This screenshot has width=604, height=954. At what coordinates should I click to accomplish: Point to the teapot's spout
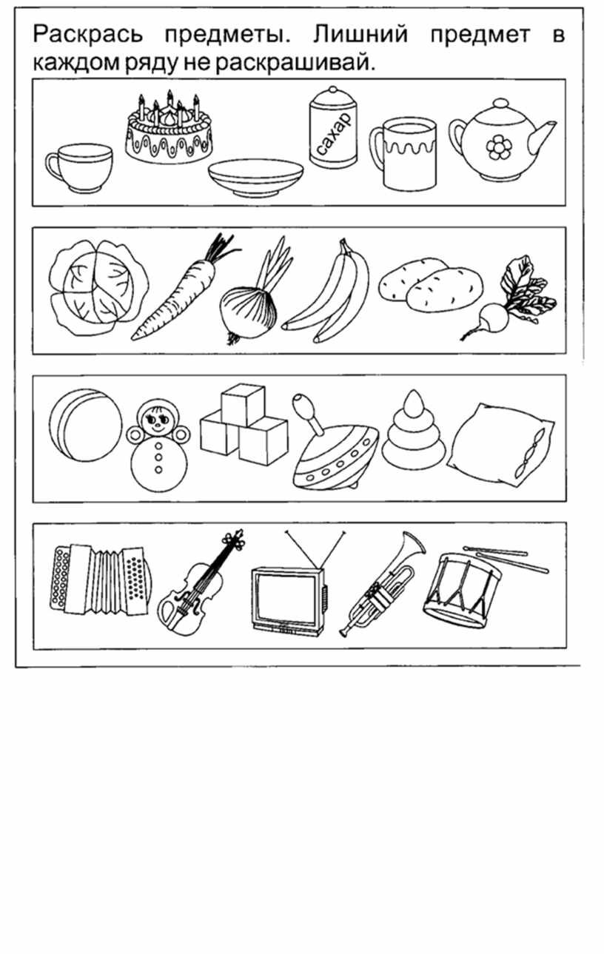point(542,136)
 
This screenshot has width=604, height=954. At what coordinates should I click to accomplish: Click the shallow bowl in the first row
point(256,178)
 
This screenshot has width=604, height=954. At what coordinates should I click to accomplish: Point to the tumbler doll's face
point(158,419)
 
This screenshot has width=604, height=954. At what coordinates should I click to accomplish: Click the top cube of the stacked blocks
point(244,405)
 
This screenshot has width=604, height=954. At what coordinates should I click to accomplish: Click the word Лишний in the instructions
point(360,35)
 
